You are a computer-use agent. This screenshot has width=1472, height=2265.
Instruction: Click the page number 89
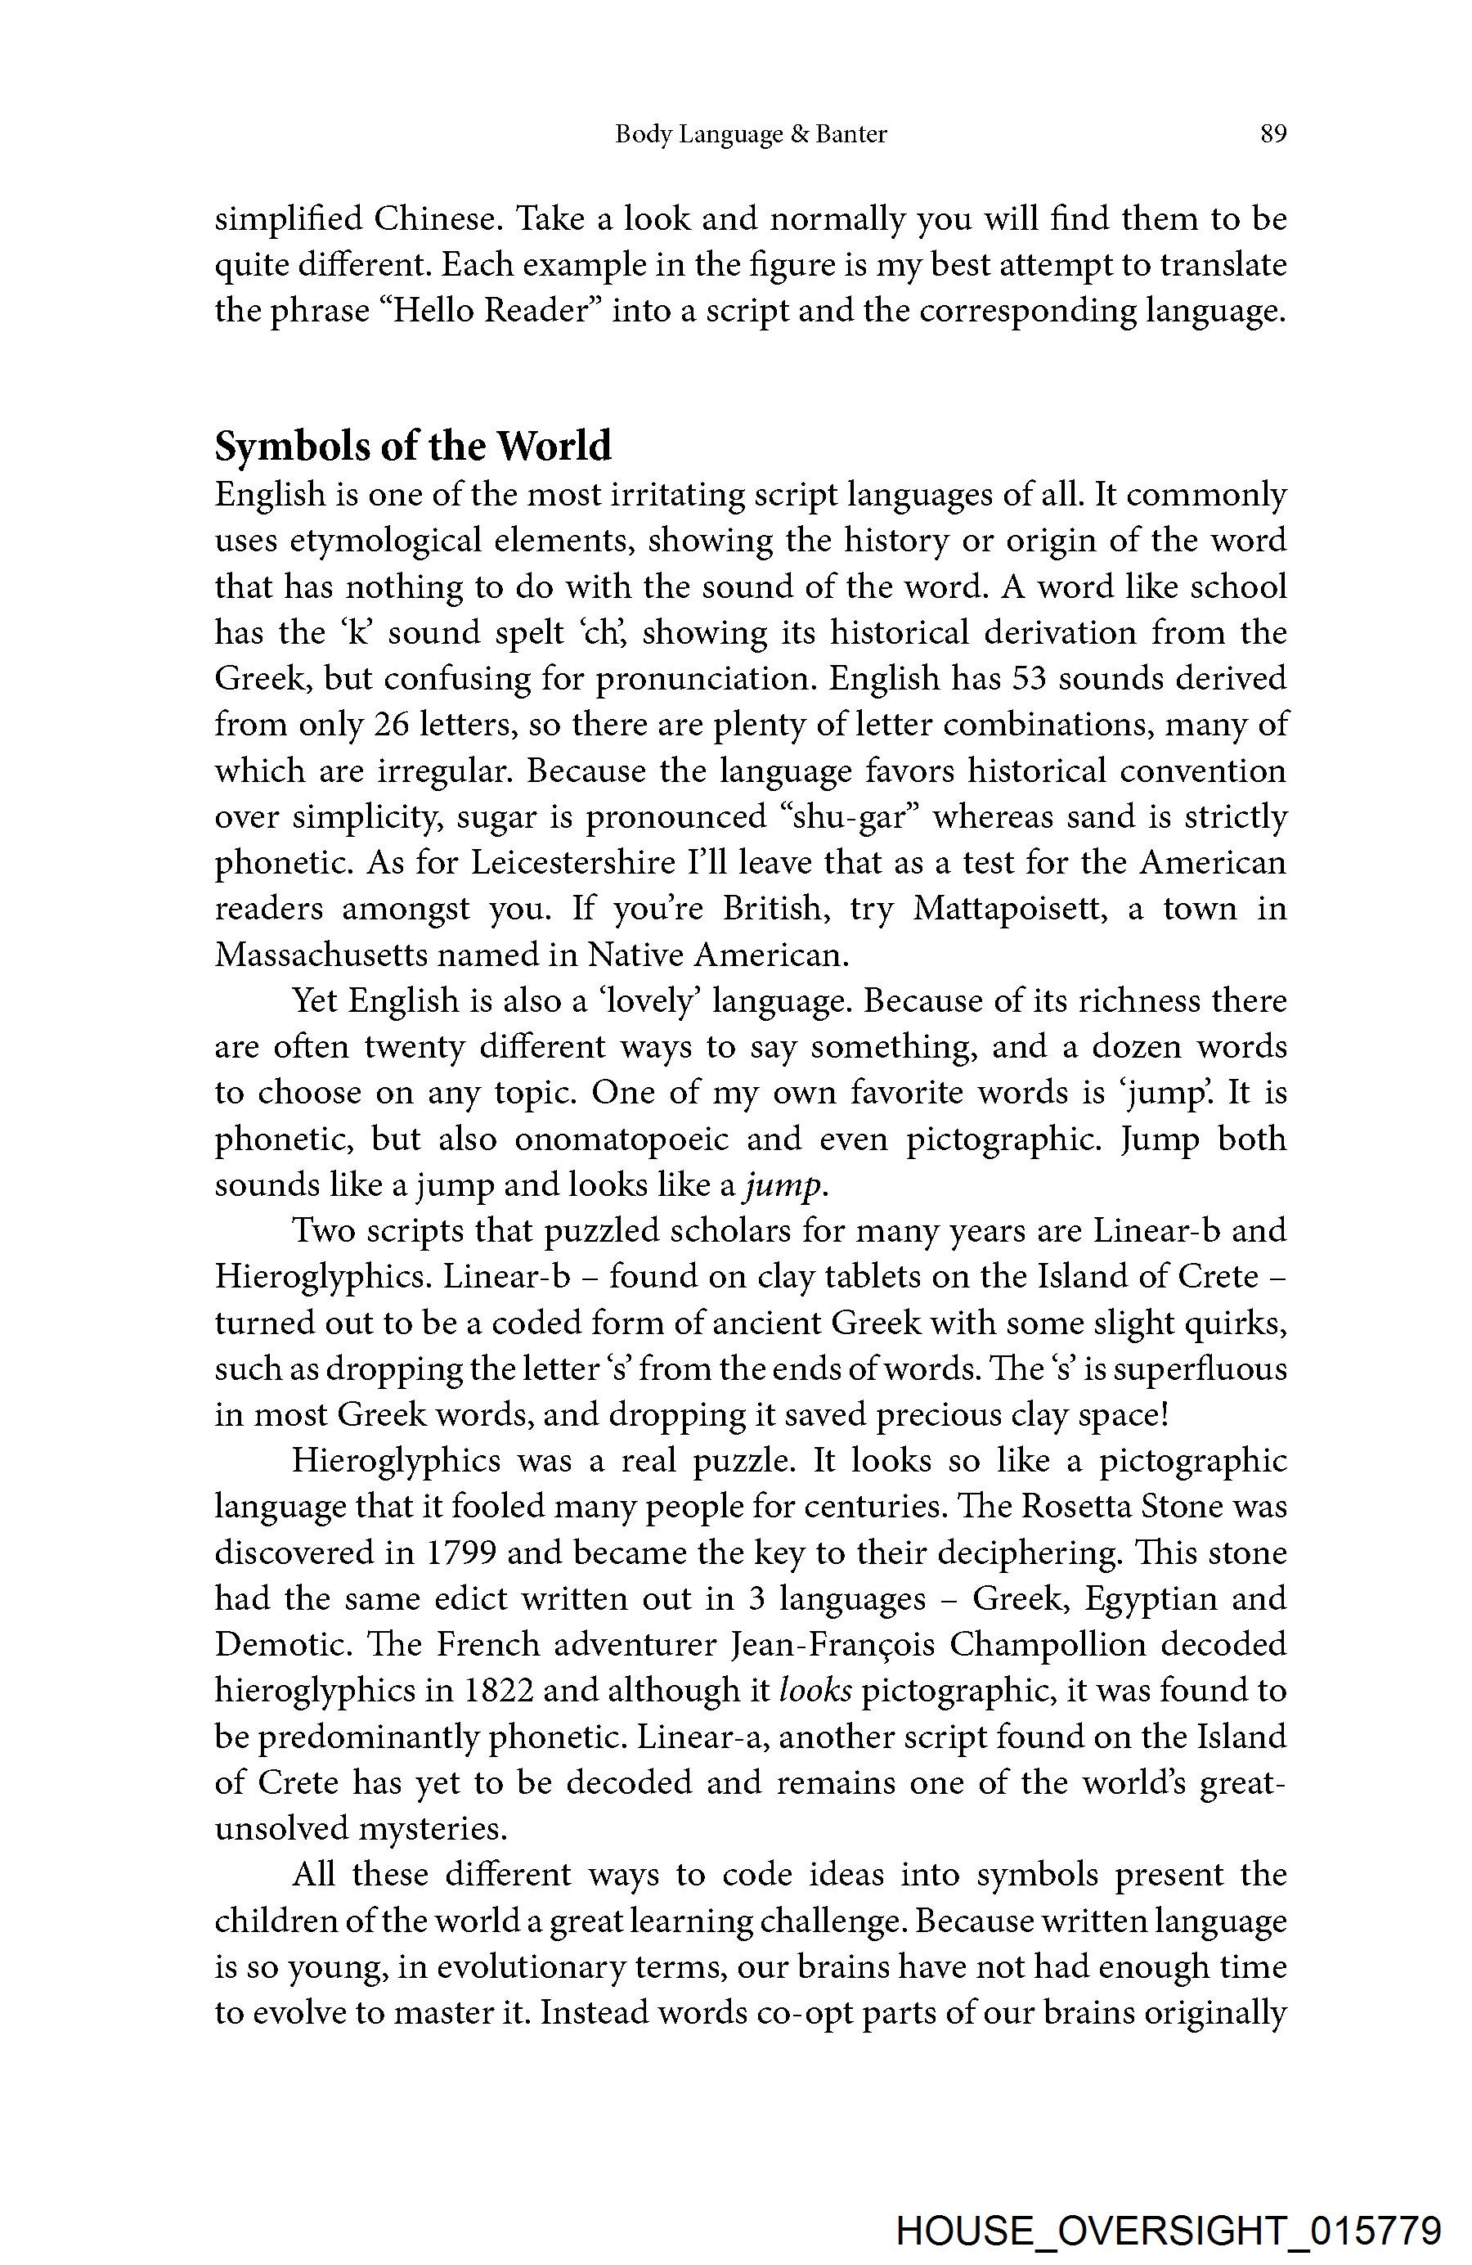pos(1273,134)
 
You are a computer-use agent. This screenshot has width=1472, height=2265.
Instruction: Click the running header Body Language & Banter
pos(751,134)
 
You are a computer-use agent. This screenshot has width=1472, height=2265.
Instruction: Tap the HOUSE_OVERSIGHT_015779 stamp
pos(1169,2224)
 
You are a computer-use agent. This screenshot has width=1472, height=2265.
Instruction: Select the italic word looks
pos(815,1690)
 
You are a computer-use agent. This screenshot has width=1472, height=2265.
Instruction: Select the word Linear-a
pos(700,1736)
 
